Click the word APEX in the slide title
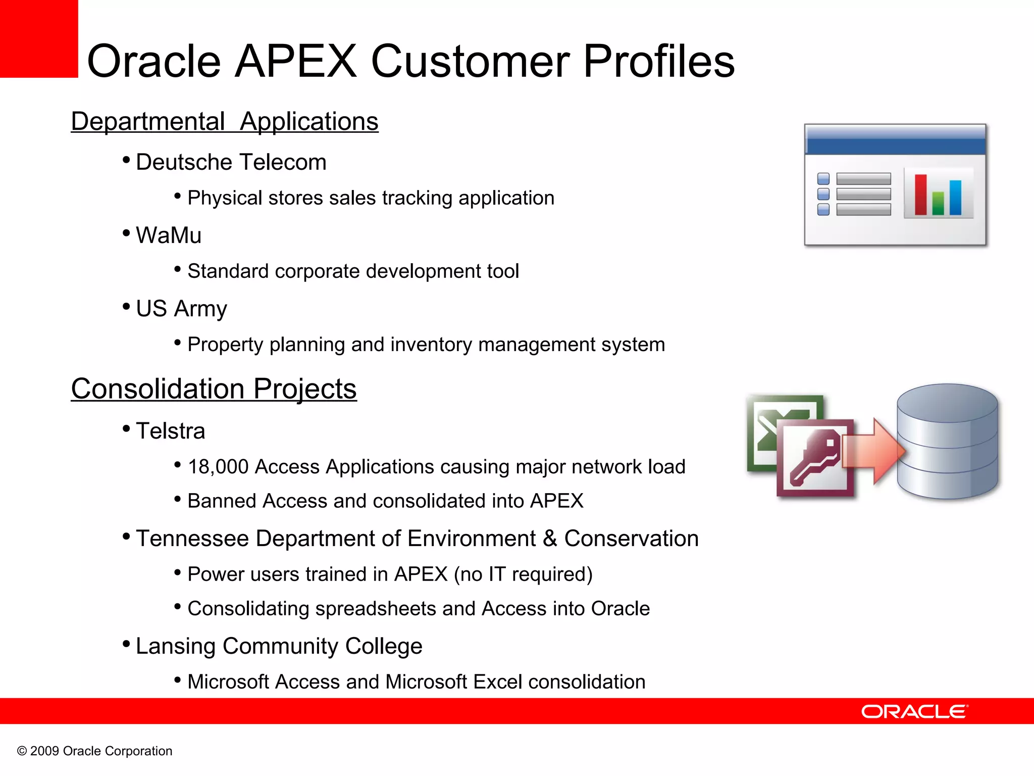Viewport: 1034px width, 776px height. (x=296, y=61)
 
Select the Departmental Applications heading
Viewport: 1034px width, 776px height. (x=225, y=122)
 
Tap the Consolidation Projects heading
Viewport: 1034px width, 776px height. (x=214, y=389)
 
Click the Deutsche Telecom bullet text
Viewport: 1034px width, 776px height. (x=231, y=163)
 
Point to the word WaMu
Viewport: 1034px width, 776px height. (x=169, y=235)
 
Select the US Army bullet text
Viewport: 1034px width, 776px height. (x=181, y=309)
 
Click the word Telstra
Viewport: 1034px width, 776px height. (x=171, y=431)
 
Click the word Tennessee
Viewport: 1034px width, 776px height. (x=192, y=539)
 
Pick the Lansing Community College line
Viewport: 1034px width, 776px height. (x=279, y=646)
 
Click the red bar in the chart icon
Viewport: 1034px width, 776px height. (x=920, y=195)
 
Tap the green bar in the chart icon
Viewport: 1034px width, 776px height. (x=938, y=203)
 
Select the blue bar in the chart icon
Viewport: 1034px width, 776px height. (x=955, y=198)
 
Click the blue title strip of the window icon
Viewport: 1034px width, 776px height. (x=895, y=140)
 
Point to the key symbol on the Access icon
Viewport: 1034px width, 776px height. (x=816, y=455)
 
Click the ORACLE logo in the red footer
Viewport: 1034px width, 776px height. (x=914, y=711)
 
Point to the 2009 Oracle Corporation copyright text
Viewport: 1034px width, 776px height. (x=95, y=751)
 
